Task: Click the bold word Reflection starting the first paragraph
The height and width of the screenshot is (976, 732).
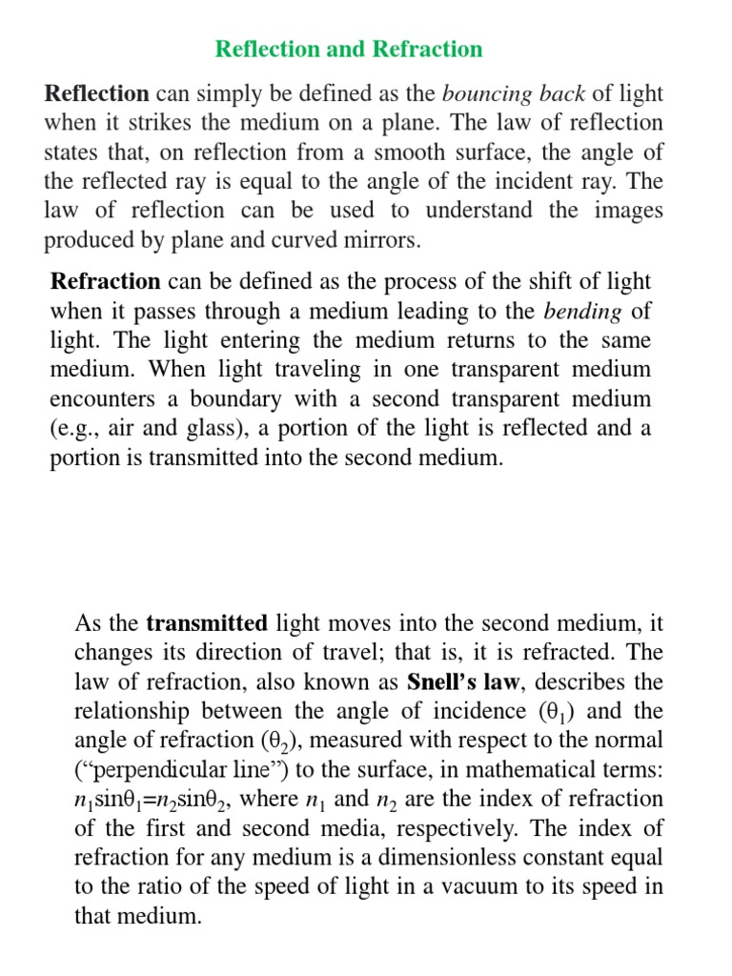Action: pyautogui.click(x=96, y=93)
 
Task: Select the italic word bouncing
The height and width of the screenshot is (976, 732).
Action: pyautogui.click(x=483, y=93)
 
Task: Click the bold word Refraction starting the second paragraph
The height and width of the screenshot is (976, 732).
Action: pyautogui.click(x=105, y=281)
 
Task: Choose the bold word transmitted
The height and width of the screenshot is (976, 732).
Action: pyautogui.click(x=206, y=624)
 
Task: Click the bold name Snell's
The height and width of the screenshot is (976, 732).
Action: pyautogui.click(x=444, y=682)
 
